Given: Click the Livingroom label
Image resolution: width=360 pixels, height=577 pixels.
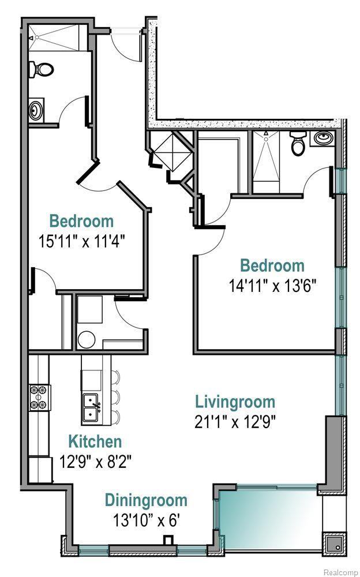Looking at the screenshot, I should coord(235,401).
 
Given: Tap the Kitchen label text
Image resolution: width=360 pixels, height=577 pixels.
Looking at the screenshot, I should coord(95,442).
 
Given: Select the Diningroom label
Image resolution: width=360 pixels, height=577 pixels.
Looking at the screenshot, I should coord(146,500).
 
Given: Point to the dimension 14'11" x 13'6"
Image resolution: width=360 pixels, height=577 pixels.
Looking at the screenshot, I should coord(272,286).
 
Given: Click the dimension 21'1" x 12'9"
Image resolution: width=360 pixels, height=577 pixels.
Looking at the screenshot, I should coord(235,421).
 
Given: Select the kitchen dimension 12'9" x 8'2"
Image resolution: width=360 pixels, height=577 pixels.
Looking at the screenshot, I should coord(95,462).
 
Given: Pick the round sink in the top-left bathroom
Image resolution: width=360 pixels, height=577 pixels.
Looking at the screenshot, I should coord(36,109).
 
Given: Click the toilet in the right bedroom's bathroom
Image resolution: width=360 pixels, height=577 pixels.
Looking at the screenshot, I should coord(298,144).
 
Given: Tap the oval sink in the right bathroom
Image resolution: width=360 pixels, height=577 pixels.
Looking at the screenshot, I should coord(321,138).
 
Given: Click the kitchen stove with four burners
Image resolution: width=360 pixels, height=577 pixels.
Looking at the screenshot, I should coord(38,398).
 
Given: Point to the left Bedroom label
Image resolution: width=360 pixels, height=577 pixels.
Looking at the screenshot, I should coord(81,221).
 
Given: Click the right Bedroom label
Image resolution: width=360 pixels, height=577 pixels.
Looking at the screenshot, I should coord(272,265).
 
